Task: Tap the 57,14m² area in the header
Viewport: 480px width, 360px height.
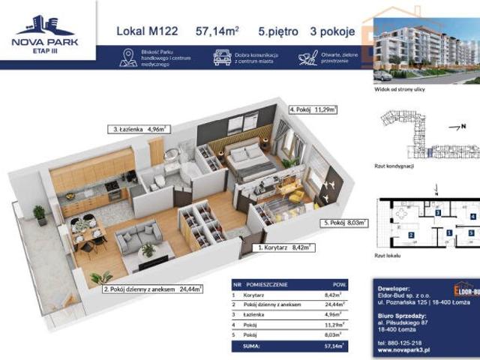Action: point(217,31)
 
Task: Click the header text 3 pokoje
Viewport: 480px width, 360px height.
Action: point(330,31)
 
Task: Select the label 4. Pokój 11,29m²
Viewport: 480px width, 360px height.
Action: point(313,109)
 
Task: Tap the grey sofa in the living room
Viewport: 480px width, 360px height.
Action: point(139,236)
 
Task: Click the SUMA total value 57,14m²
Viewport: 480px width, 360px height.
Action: point(341,347)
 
